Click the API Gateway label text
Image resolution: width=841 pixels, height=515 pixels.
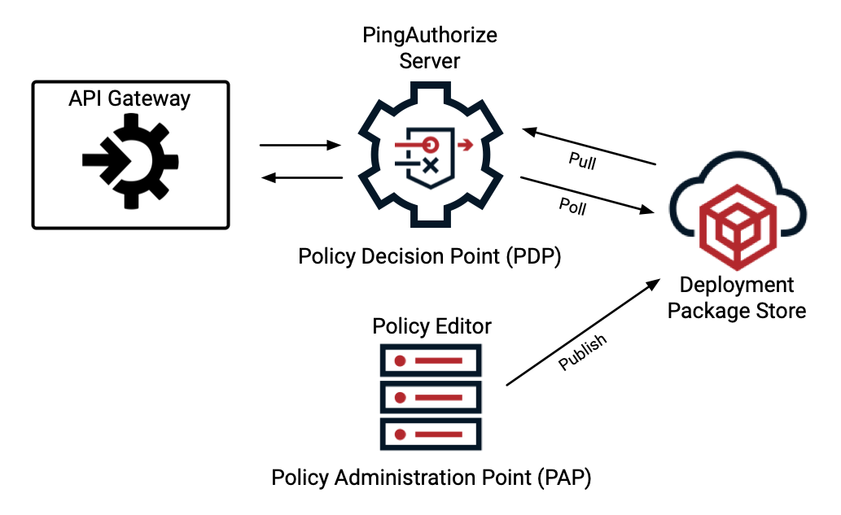[129, 99]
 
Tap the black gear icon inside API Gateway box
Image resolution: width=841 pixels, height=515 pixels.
[129, 159]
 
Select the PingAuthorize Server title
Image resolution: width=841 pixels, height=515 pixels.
[430, 48]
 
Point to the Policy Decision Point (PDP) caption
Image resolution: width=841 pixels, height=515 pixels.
[430, 256]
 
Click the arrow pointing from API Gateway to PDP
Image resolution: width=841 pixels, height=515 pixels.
[299, 146]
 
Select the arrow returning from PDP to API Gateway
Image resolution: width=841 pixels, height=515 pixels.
[299, 177]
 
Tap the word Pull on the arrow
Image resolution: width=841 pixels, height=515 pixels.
[581, 161]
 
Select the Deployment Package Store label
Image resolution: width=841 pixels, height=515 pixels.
[737, 298]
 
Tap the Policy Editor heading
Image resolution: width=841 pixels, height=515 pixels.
[431, 326]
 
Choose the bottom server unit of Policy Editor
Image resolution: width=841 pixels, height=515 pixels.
[431, 435]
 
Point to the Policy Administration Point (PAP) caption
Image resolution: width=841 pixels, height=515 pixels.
[431, 478]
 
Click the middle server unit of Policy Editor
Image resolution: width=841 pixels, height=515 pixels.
[431, 398]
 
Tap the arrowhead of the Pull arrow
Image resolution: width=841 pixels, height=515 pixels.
[528, 131]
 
